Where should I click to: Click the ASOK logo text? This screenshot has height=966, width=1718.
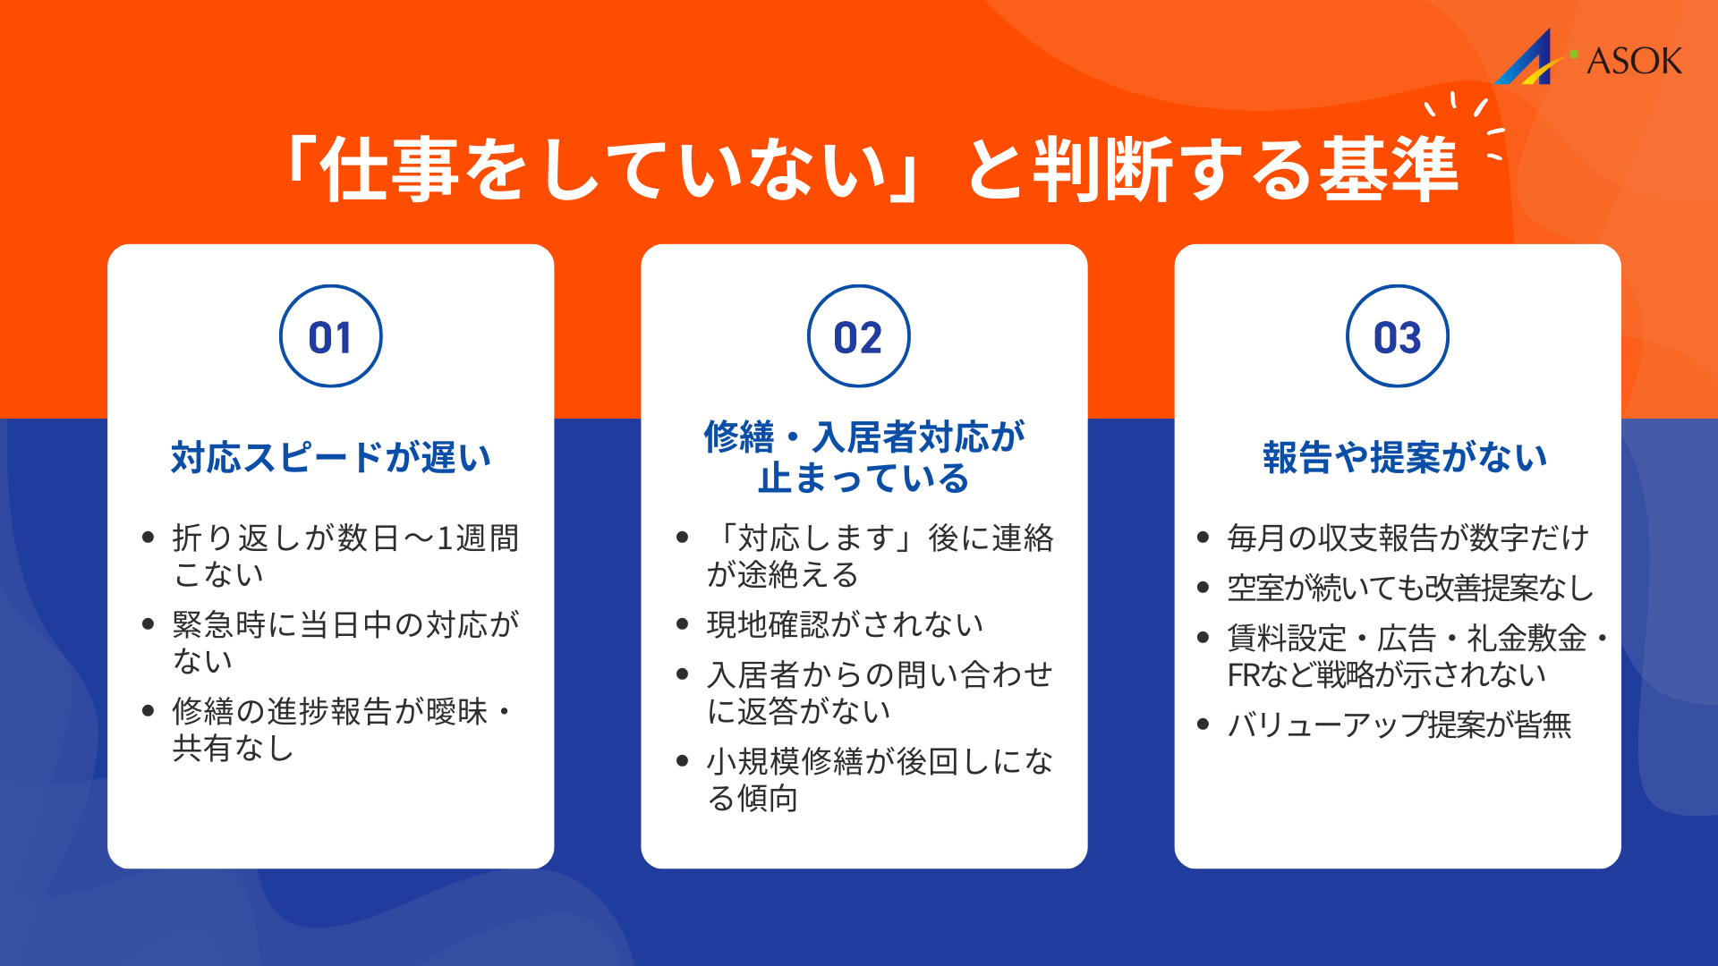[1634, 61]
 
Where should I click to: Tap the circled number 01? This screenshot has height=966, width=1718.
[331, 337]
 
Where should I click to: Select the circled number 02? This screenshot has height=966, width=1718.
[859, 337]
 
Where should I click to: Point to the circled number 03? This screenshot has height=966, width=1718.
[1397, 337]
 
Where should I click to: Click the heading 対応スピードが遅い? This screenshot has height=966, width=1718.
[331, 457]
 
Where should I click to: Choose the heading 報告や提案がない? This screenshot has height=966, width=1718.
[1405, 457]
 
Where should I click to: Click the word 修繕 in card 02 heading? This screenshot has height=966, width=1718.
[738, 437]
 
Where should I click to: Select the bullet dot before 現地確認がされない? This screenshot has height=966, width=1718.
[683, 624]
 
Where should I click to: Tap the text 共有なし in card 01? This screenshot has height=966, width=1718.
[234, 748]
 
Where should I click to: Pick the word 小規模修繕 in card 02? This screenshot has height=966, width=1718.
[786, 761]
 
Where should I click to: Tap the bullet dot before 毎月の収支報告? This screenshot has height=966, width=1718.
[1203, 538]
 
